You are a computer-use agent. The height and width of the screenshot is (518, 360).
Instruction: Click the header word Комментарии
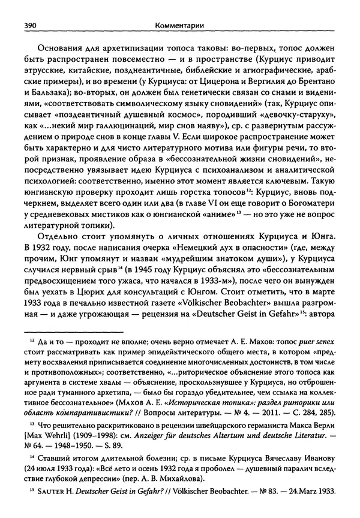coord(178,26)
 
